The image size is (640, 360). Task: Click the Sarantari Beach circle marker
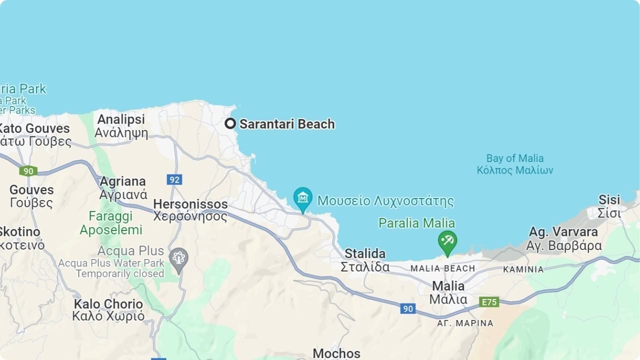click(x=230, y=123)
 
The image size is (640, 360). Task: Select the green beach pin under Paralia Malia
click(x=447, y=242)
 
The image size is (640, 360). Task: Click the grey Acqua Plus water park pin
click(x=178, y=258)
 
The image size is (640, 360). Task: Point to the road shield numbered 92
click(x=174, y=179)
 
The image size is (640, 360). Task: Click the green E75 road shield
click(x=488, y=302)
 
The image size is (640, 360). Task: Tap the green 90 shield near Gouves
click(x=28, y=171)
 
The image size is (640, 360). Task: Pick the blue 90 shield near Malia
click(x=408, y=308)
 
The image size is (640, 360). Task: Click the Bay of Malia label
click(x=515, y=164)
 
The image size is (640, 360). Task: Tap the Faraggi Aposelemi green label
click(x=111, y=223)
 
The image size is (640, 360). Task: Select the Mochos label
click(x=336, y=353)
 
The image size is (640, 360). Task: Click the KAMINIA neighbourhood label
click(x=523, y=269)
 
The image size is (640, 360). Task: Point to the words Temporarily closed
click(x=120, y=273)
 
